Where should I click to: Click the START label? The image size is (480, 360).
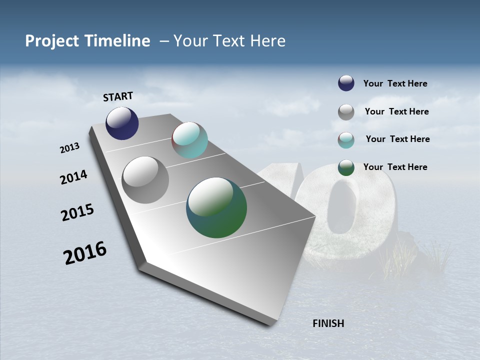[118, 96]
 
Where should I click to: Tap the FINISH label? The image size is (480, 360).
[328, 323]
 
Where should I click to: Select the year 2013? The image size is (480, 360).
[69, 148]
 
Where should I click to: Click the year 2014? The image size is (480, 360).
[73, 177]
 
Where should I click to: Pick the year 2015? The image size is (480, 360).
[77, 212]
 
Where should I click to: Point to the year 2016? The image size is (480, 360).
[85, 253]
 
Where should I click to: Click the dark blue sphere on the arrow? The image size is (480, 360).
[122, 123]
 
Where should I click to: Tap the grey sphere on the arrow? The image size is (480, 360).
[145, 180]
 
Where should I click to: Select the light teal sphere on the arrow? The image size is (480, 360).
[189, 140]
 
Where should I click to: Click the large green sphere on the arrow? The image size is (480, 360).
[216, 207]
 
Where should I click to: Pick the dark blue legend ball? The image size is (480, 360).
[346, 83]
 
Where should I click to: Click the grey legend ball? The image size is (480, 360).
[346, 112]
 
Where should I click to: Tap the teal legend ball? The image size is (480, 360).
[346, 140]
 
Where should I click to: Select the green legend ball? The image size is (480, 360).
[346, 167]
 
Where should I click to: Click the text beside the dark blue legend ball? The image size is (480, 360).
[395, 83]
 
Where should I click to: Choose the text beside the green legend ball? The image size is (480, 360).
[395, 167]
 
